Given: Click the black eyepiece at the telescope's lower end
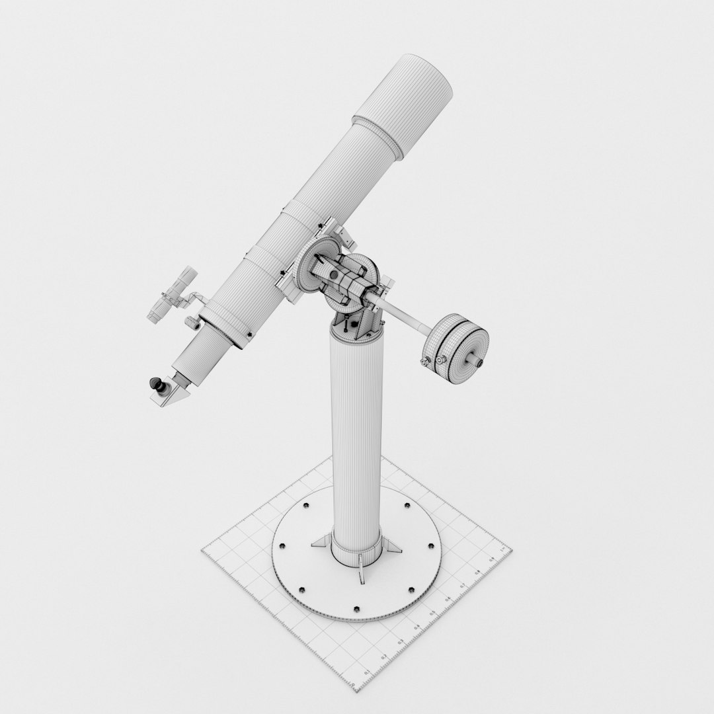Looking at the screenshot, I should tap(159, 384).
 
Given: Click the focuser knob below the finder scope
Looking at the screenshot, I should tap(191, 323).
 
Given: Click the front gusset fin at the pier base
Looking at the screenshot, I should tap(360, 570).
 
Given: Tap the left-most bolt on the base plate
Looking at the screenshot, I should tap(282, 546).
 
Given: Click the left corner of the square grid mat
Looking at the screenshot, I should tap(202, 548).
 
